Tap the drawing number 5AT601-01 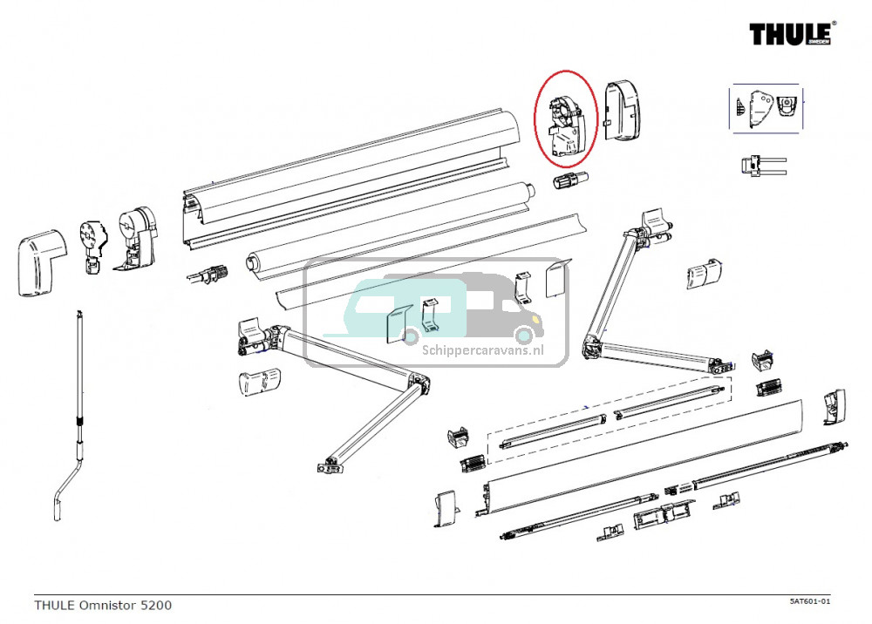click(810, 601)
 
